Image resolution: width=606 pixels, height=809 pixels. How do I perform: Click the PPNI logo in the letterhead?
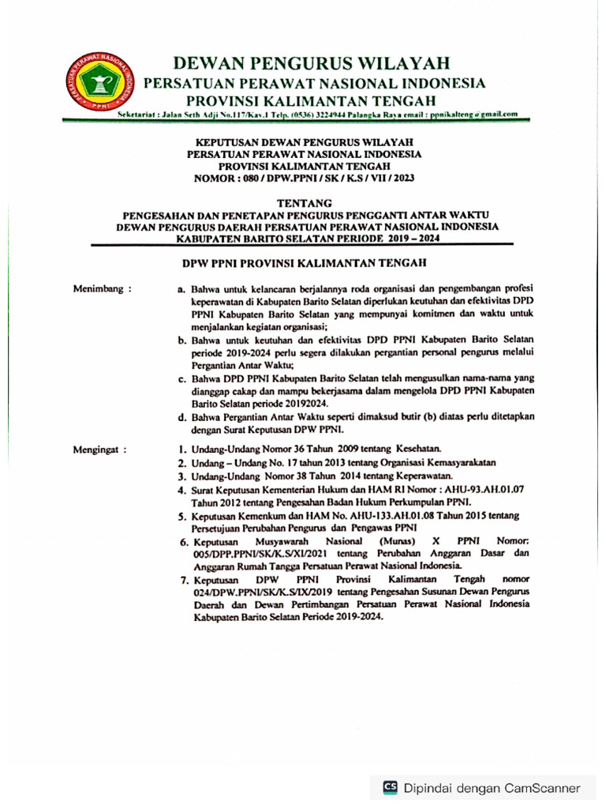[x=100, y=82]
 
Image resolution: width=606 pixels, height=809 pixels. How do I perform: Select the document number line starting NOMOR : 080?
[x=304, y=179]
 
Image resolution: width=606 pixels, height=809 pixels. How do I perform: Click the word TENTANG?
[x=304, y=203]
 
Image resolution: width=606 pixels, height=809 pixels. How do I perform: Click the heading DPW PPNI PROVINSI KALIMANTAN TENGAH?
[x=304, y=264]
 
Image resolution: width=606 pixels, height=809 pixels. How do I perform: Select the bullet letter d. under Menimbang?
[x=182, y=416]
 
